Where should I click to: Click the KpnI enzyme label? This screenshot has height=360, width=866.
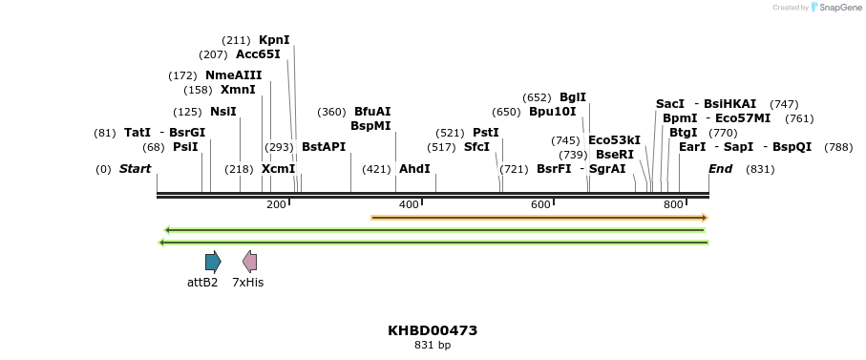click(274, 40)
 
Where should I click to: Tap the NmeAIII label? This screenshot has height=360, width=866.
click(233, 75)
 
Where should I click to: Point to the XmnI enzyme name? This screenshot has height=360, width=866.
click(238, 90)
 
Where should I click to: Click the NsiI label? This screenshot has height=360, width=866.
click(222, 112)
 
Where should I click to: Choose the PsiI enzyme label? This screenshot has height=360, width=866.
click(185, 147)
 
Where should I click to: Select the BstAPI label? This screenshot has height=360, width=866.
click(324, 147)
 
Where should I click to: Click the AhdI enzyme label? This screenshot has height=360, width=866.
click(414, 169)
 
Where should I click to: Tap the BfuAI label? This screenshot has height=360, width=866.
click(372, 112)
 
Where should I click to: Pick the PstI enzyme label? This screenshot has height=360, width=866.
click(486, 133)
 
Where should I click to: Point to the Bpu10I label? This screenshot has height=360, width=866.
click(552, 112)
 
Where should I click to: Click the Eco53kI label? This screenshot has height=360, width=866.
click(614, 140)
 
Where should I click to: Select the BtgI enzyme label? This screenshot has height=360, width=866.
click(683, 133)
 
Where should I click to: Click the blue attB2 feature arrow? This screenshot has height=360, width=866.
click(213, 262)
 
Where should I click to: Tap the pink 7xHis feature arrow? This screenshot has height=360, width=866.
click(249, 262)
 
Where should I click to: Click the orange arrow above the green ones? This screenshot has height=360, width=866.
click(539, 218)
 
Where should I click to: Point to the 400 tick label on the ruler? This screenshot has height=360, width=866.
click(409, 204)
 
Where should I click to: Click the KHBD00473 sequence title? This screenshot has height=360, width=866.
click(433, 330)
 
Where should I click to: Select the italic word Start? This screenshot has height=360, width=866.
click(135, 169)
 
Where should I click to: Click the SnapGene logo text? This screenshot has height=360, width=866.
click(837, 8)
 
